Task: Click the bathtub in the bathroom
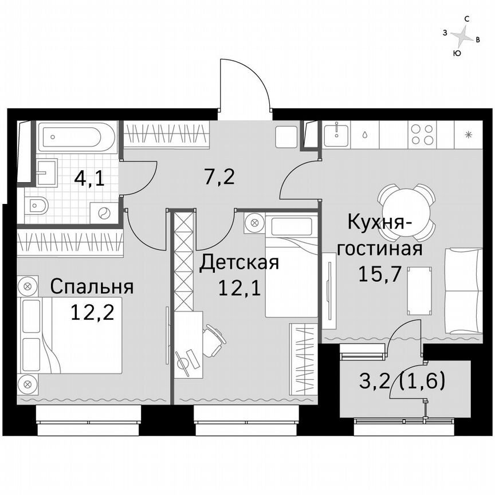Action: click(77, 136)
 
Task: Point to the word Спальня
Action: click(92, 286)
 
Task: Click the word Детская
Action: click(239, 263)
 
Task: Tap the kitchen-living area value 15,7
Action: click(379, 273)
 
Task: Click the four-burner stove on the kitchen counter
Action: click(423, 135)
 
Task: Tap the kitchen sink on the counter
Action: click(335, 135)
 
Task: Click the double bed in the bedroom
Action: click(72, 335)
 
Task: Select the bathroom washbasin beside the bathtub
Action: click(45, 172)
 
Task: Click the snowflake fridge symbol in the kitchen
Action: click(469, 135)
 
